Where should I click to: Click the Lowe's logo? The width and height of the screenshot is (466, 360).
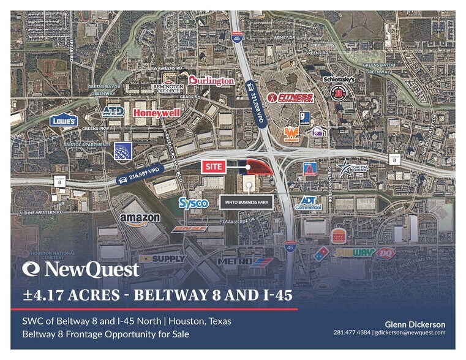click(63, 121)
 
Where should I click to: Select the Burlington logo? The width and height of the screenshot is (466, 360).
click(211, 80)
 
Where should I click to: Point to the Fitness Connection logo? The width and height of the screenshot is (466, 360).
click(296, 97)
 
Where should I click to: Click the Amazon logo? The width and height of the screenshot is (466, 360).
click(140, 219)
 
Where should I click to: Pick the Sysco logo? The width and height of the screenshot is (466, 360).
click(194, 203)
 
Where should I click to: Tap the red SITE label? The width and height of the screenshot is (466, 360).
click(214, 166)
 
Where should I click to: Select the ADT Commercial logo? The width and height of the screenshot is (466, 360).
click(309, 203)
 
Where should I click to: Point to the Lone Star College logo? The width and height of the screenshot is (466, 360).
click(351, 168)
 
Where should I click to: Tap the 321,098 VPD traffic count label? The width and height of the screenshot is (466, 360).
click(253, 102)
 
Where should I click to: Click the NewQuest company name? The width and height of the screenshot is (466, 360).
click(81, 269)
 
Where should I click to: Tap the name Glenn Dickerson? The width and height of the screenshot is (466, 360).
click(414, 324)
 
